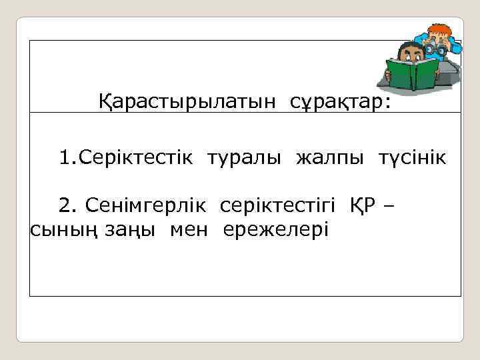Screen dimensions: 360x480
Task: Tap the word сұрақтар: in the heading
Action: coord(341,103)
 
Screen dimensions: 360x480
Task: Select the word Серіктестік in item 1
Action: coord(137,159)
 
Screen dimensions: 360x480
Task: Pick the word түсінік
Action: coord(413,159)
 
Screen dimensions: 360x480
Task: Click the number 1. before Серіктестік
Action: coord(69,159)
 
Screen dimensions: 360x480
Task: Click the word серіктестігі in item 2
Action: coord(279,205)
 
